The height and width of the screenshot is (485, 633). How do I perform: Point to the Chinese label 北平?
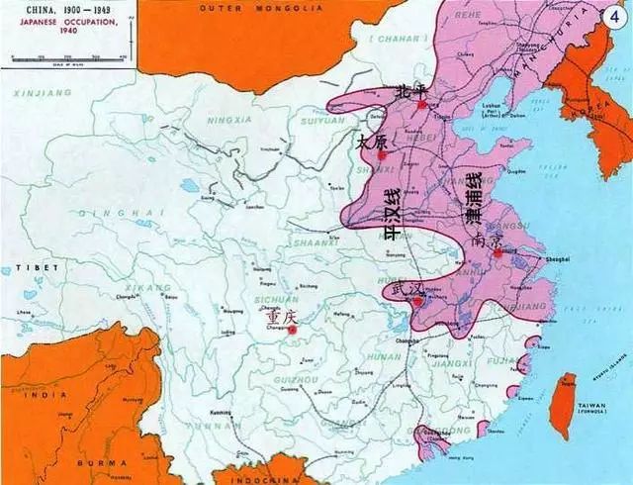click(x=409, y=90)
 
